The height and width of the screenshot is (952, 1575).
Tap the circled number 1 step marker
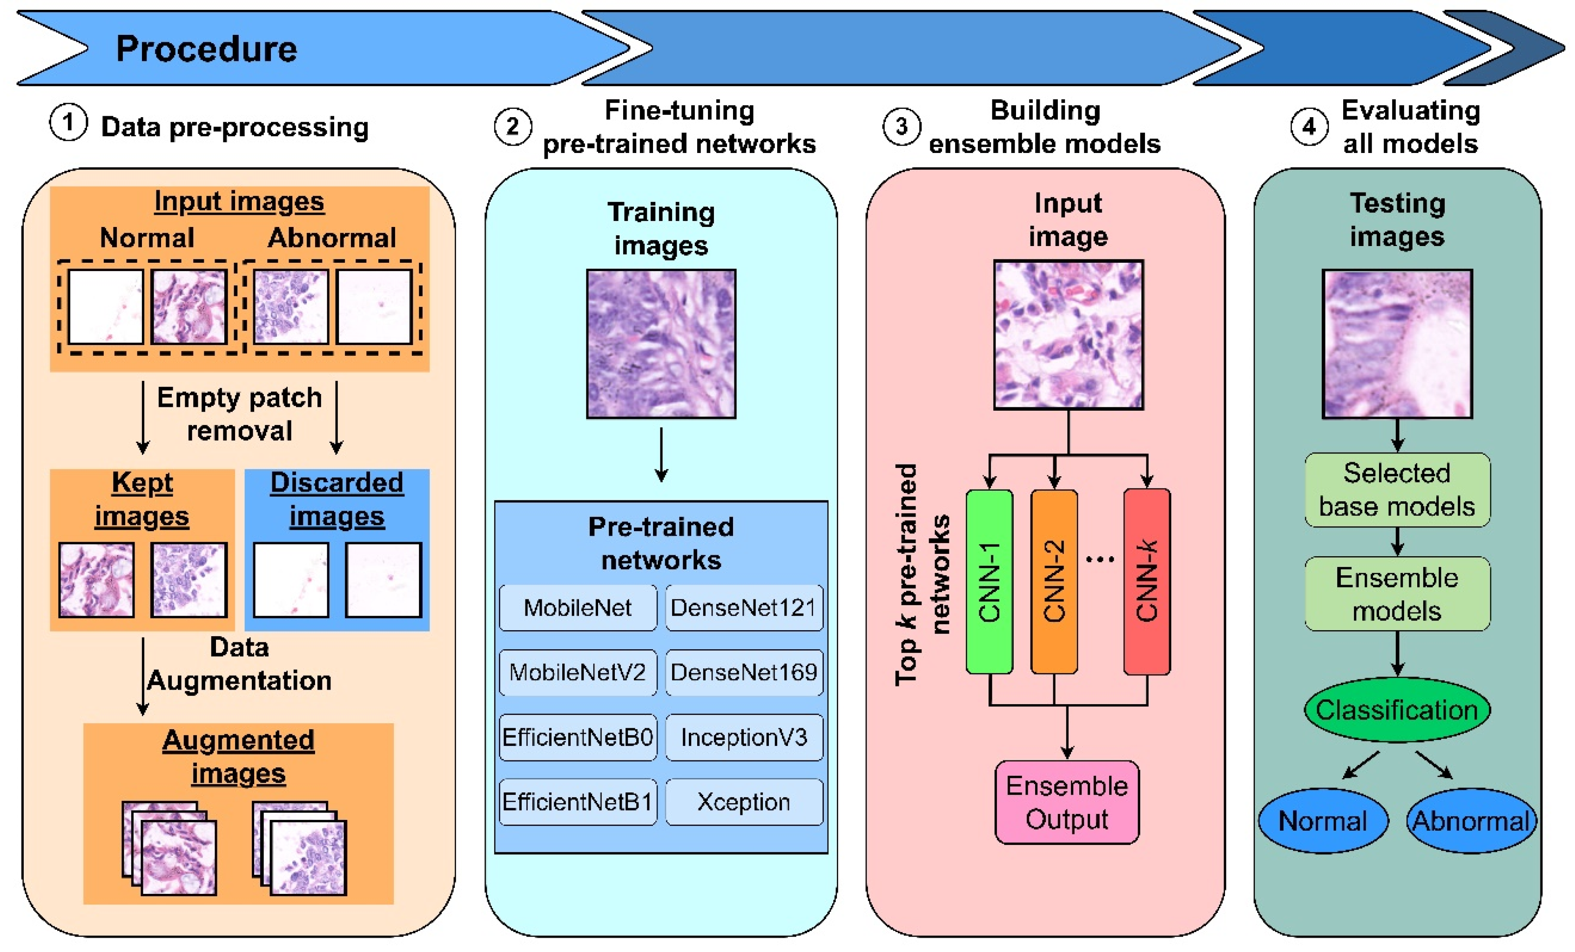[68, 123]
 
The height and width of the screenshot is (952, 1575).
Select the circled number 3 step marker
[901, 126]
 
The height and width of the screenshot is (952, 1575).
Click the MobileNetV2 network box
[577, 672]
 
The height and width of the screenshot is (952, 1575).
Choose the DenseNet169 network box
[743, 672]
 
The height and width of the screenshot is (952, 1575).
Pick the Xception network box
[743, 802]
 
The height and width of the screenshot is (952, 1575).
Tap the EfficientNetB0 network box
[577, 737]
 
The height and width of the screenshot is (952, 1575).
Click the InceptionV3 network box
[743, 737]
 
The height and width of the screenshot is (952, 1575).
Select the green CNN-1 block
[989, 581]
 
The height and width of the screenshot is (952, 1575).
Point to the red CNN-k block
[1147, 581]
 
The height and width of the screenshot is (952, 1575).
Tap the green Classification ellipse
[1397, 710]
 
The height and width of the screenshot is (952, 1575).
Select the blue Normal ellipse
[1323, 821]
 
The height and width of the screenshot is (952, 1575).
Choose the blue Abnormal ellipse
[1470, 821]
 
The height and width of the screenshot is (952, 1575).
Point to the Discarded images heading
[337, 499]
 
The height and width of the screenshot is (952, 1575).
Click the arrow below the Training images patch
[661, 454]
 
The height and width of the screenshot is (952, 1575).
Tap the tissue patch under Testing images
[1397, 344]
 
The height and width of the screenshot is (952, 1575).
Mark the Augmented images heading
[238, 757]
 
